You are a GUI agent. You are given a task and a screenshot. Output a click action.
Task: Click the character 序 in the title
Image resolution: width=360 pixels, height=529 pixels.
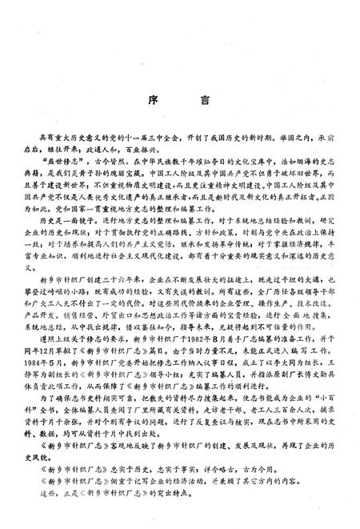151,102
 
